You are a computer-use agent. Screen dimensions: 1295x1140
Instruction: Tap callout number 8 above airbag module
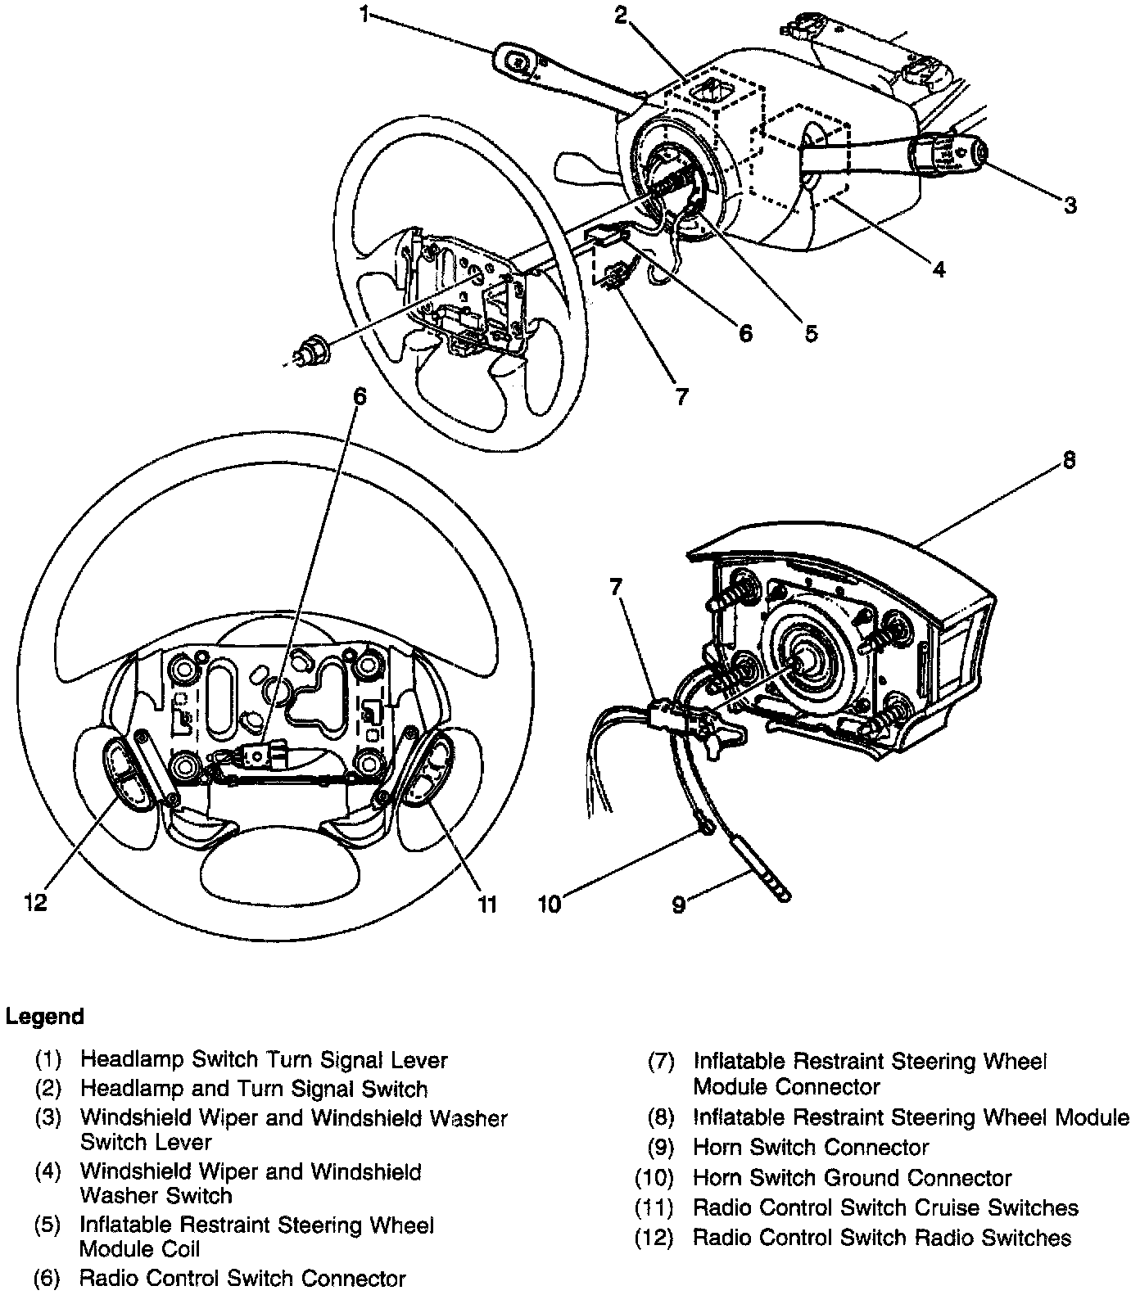click(x=1068, y=460)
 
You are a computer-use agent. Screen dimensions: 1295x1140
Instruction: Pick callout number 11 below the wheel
click(x=486, y=904)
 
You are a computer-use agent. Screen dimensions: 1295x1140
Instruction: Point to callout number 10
click(x=550, y=904)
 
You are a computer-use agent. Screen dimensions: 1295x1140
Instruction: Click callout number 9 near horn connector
click(x=678, y=905)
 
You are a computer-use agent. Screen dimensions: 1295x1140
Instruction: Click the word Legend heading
click(x=45, y=1017)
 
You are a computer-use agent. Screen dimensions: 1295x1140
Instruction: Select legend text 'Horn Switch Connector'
click(x=810, y=1148)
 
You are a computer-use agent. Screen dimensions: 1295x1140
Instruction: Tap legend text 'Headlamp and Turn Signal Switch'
click(x=253, y=1089)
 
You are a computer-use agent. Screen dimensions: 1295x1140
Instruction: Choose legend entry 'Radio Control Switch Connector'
click(x=242, y=1278)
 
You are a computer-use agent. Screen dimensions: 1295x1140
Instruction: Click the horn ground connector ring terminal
click(x=705, y=832)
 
